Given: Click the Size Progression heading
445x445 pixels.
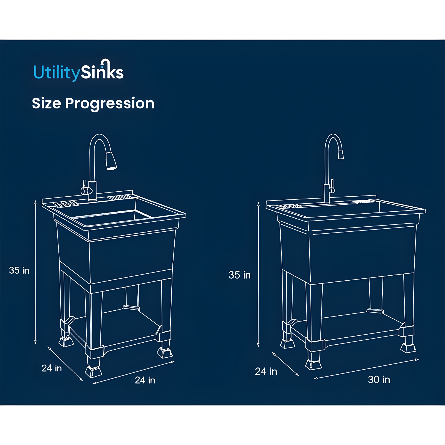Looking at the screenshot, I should point(93,103).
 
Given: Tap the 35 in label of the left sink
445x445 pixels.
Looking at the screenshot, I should point(19,270).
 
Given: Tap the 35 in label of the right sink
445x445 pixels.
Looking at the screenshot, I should point(239,275).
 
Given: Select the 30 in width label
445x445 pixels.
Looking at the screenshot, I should point(379,380).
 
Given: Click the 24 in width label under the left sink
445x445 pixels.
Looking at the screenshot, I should point(145,380).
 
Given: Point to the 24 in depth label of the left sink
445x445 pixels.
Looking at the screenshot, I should point(52,368).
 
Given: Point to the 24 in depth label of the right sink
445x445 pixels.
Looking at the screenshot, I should point(266,372).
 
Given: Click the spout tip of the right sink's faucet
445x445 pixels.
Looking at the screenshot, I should point(341,154).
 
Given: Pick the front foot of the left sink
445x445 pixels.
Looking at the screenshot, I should point(93,371).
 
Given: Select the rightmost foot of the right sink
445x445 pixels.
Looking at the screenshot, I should point(408,348).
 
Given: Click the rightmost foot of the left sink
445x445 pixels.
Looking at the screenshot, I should point(164,352).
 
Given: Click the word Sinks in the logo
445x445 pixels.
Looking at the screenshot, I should point(102,72).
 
